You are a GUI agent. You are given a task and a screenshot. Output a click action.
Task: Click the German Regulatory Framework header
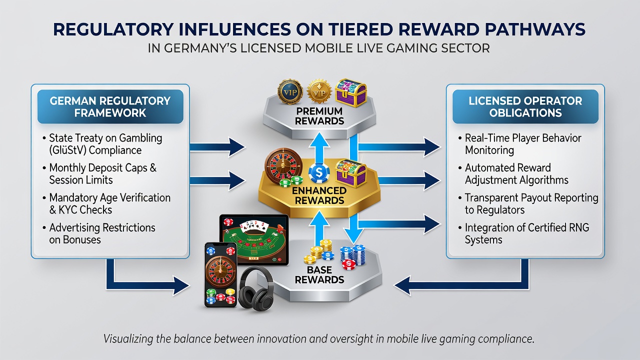[x=110, y=106]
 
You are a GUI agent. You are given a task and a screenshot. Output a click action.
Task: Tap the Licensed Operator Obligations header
[x=525, y=106]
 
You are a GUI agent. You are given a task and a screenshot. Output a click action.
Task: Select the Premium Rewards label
[x=319, y=116]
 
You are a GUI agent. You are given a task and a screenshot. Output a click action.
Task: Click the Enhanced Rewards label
[x=319, y=195]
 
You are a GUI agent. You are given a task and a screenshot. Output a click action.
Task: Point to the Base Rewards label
[x=319, y=274]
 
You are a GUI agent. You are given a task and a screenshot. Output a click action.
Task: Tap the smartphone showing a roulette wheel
[x=221, y=275]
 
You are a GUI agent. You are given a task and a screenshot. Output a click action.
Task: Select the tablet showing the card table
[x=254, y=239]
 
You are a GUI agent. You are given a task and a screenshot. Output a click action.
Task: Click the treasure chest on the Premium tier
[x=351, y=93]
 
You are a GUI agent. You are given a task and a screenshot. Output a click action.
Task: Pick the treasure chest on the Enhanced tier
[x=351, y=173]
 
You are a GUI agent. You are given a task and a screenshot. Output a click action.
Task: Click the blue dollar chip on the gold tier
[x=319, y=173]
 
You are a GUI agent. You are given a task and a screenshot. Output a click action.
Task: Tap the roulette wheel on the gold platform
[x=283, y=166]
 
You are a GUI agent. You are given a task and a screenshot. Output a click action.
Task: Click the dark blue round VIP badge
[x=290, y=91]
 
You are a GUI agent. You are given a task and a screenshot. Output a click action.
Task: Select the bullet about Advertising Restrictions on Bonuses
[x=99, y=233]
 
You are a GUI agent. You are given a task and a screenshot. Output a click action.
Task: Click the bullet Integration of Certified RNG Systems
[x=524, y=233]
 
